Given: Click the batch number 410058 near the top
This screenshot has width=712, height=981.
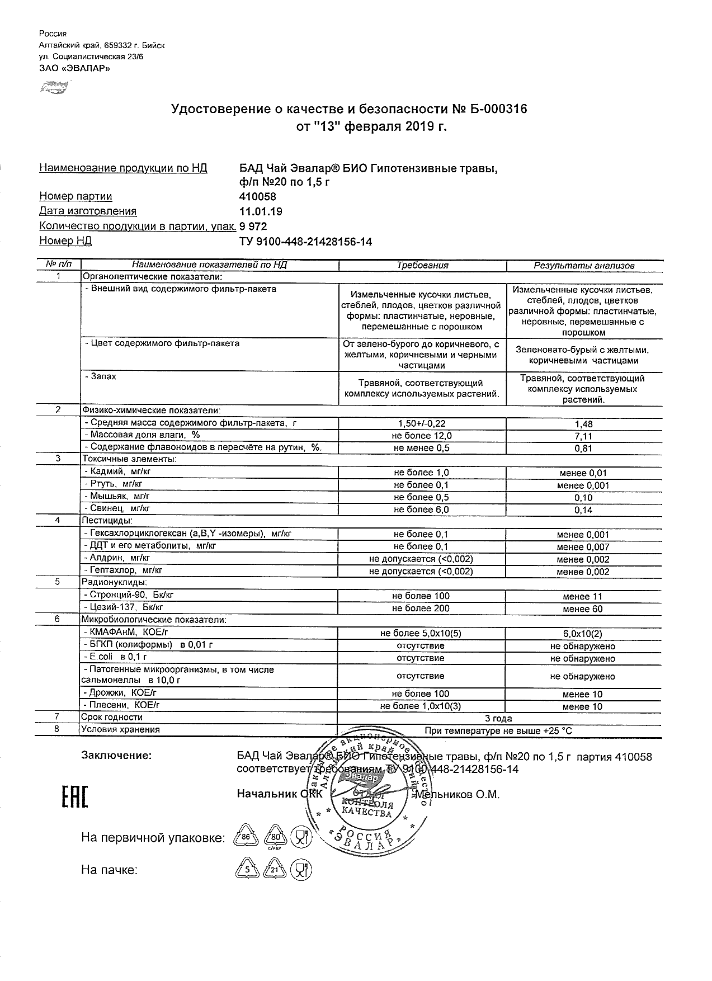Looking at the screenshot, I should pos(257,197).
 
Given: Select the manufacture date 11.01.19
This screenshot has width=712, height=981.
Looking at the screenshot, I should pos(261,211).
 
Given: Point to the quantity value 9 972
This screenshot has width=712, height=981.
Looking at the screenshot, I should pos(253,227).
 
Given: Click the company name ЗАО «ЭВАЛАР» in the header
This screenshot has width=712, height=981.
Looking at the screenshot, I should pos(74,68).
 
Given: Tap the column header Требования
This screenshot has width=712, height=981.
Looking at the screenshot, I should pos(422,266).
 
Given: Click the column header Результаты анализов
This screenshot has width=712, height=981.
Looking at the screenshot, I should pos(584,266).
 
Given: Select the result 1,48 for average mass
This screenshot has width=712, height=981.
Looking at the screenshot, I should pos(583,425).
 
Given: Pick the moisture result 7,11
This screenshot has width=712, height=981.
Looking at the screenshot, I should pos(583,436).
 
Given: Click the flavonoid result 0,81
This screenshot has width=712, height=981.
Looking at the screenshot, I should pos(583,449).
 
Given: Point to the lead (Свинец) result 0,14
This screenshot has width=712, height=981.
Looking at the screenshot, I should pos(583,510).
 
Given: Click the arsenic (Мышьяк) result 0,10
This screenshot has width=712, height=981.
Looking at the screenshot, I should pos(583,498).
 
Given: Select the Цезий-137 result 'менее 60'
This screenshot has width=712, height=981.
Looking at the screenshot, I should pos(583,609).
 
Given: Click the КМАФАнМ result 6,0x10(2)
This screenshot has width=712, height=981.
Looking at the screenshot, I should pos(583,634).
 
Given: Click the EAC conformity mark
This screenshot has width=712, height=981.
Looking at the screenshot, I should pos(74,797).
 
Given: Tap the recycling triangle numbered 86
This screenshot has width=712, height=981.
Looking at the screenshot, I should pos(244,837).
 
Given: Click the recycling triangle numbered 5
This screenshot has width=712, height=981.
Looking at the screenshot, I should pos(244,870).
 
